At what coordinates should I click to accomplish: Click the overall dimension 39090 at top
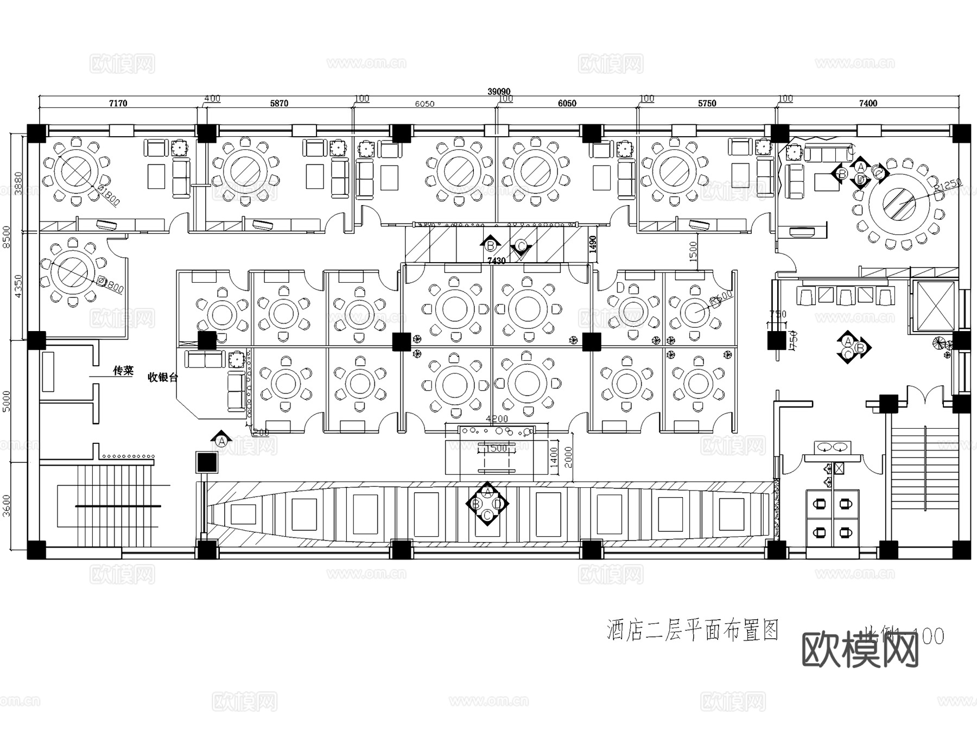(499, 92)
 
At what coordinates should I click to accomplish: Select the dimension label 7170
(118, 103)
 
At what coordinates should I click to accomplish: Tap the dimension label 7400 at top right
(867, 103)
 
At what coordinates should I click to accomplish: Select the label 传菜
(123, 371)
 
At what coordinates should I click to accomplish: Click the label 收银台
(163, 377)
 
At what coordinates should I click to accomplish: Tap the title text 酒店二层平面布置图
(693, 631)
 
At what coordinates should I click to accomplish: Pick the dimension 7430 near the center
(496, 261)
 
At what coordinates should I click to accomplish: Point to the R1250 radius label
(948, 187)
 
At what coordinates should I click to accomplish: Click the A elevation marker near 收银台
(221, 440)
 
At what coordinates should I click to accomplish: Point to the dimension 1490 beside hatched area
(593, 244)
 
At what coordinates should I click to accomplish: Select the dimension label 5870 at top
(279, 103)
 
